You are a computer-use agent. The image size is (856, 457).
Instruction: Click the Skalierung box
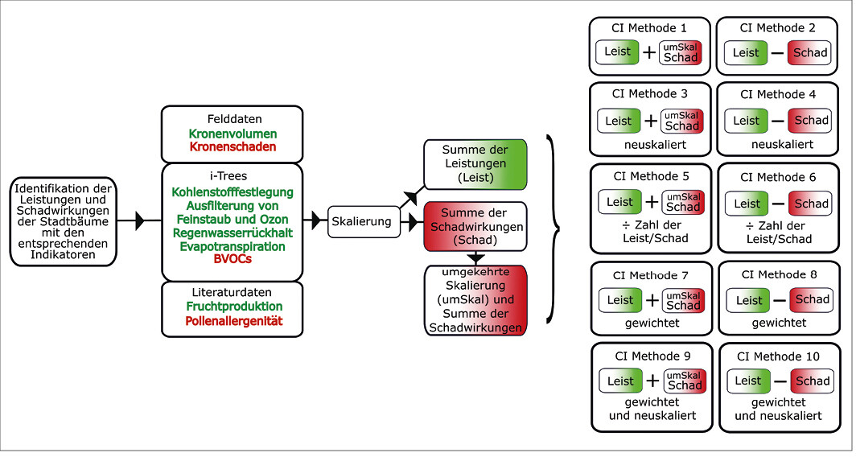coord(361,222)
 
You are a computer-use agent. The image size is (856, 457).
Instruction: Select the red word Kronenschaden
coord(233,147)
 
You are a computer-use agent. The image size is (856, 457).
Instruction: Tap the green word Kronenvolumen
coord(233,134)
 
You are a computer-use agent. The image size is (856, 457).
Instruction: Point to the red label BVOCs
coord(233,259)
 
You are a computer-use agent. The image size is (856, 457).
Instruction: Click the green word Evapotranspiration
coord(233,246)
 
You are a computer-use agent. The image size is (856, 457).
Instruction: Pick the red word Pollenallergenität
coord(233,320)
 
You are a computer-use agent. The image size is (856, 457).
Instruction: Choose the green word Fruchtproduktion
coord(234,307)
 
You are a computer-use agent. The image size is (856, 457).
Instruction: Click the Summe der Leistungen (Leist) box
coord(475,164)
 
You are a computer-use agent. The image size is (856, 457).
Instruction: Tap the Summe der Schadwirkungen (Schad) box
coord(475,227)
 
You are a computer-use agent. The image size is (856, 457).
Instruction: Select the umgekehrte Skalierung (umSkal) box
coord(475,300)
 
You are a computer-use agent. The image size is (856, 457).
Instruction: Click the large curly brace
coord(553,228)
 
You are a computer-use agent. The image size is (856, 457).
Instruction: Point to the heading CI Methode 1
coord(649,28)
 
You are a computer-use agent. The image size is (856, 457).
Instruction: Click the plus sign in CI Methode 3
coord(650,121)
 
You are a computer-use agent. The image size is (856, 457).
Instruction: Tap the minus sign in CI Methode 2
coord(777,54)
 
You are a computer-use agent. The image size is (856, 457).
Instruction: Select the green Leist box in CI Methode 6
coord(747,204)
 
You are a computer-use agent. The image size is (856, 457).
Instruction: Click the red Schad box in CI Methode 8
coord(812,299)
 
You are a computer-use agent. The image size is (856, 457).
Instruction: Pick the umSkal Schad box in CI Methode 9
coord(685,381)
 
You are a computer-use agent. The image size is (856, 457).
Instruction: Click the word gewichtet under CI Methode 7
coord(652,323)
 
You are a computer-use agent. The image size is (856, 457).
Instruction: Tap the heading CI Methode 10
coord(778,356)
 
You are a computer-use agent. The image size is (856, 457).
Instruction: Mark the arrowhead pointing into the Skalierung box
coord(316,220)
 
